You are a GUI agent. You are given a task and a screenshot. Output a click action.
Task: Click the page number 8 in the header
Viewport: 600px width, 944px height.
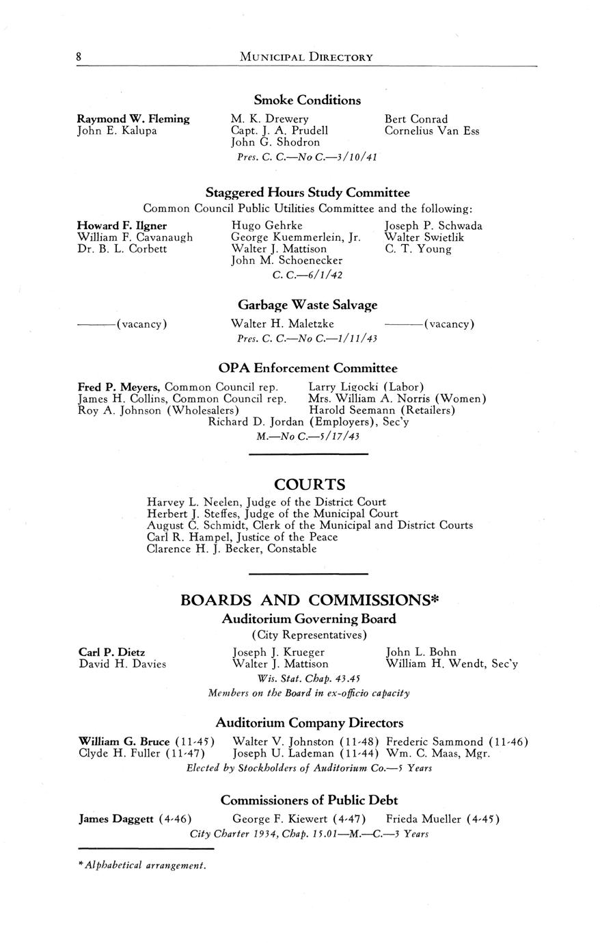pyautogui.click(x=79, y=57)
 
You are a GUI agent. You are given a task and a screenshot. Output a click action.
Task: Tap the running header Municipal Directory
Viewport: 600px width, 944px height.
pyautogui.click(x=306, y=57)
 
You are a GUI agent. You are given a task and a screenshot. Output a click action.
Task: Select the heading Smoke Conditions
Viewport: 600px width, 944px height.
pyautogui.click(x=307, y=101)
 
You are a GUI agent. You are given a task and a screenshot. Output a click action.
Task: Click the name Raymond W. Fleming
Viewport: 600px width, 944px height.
pyautogui.click(x=133, y=119)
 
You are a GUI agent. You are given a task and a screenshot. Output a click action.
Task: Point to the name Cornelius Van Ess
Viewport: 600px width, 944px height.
pyautogui.click(x=432, y=131)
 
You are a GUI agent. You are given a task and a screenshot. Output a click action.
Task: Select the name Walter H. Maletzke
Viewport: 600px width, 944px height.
pyautogui.click(x=283, y=324)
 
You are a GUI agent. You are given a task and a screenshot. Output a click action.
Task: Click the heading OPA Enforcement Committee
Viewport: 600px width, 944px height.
pyautogui.click(x=308, y=369)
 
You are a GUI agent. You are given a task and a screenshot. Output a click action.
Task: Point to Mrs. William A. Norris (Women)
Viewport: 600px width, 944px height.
pyautogui.click(x=397, y=399)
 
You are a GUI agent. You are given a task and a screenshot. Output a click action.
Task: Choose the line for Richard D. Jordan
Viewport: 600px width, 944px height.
pyautogui.click(x=309, y=422)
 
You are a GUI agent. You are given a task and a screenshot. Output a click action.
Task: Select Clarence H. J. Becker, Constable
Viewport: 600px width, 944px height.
pyautogui.click(x=232, y=549)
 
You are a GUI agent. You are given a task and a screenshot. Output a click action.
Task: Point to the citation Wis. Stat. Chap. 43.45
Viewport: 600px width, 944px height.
pyautogui.click(x=308, y=678)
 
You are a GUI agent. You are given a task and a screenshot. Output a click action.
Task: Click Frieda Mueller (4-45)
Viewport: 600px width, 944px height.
pyautogui.click(x=443, y=819)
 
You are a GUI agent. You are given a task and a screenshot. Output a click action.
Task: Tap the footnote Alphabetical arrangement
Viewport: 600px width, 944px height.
pyautogui.click(x=142, y=865)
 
